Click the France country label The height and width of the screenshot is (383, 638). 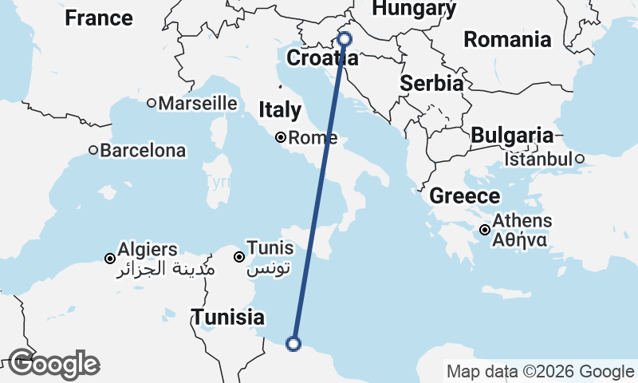99,18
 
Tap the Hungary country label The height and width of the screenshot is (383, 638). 414,8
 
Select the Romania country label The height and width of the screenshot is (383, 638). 507,39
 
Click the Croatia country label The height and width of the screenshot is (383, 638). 321,58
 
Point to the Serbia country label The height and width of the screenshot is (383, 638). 431,83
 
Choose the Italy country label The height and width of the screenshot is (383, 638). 280,110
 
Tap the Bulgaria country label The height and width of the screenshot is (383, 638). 511,136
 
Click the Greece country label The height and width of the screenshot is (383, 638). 465,196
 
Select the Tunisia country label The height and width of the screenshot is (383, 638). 227,317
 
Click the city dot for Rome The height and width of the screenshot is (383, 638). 281,137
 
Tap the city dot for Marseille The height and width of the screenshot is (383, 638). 152,103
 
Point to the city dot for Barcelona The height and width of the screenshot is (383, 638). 93,150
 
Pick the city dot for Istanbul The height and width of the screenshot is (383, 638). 580,159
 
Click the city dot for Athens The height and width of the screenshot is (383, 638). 485,231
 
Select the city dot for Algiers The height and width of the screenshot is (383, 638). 110,258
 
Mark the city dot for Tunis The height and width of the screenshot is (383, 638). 238,257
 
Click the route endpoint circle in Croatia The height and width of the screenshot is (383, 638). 345,38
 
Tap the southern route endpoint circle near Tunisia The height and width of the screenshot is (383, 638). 293,344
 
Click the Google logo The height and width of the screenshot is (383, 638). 53,365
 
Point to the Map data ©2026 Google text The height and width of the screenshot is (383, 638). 540,372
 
